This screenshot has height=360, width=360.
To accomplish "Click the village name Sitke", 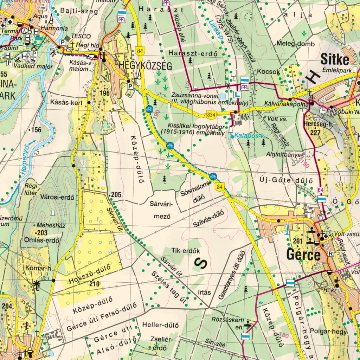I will (335, 59).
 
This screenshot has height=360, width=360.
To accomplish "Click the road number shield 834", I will (211, 115).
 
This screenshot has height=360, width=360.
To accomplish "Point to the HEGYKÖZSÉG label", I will (145, 65).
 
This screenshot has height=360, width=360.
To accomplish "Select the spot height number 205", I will (116, 195).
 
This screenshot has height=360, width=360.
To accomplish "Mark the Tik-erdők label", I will (186, 251).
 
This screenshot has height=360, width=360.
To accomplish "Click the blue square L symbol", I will (238, 94).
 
